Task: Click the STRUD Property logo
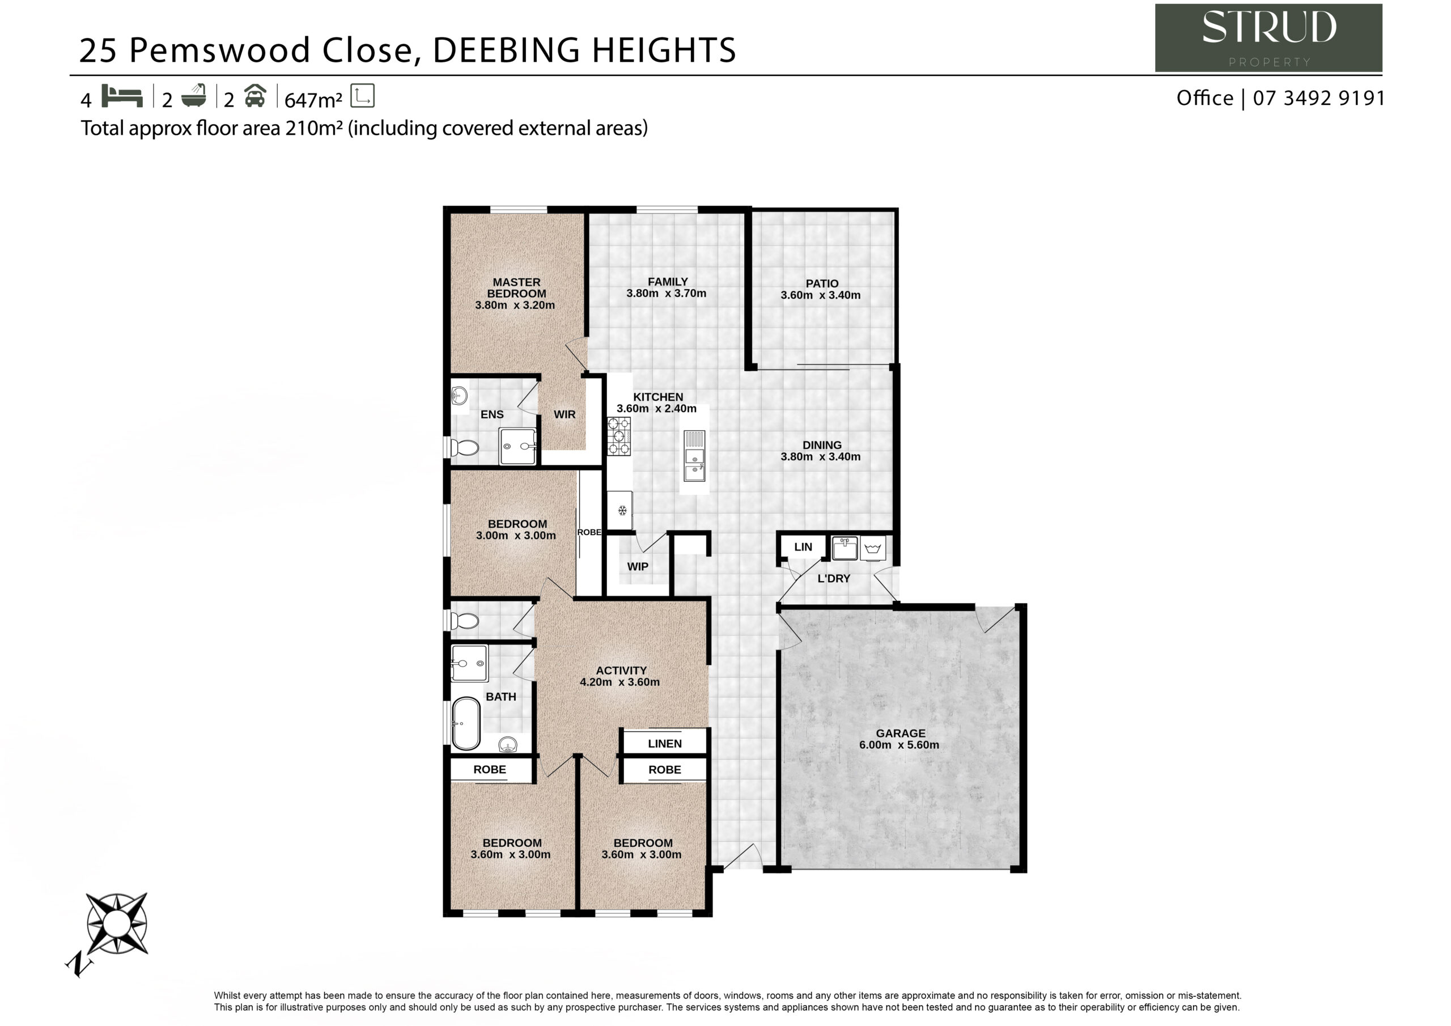pyautogui.click(x=1268, y=38)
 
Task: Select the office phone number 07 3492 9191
pyautogui.click(x=1319, y=98)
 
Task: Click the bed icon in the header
pyautogui.click(x=122, y=96)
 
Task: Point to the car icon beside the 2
pyautogui.click(x=254, y=96)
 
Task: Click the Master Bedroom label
pyautogui.click(x=516, y=287)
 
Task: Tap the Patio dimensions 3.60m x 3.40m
pyautogui.click(x=820, y=295)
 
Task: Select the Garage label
pyautogui.click(x=901, y=734)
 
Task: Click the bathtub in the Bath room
pyautogui.click(x=466, y=723)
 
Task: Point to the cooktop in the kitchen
pyautogui.click(x=619, y=436)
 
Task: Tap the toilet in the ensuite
pyautogui.click(x=465, y=448)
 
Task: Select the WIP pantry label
pyautogui.click(x=638, y=566)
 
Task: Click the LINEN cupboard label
pyautogui.click(x=665, y=743)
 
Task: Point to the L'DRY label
pyautogui.click(x=834, y=578)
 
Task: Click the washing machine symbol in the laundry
pyautogui.click(x=873, y=549)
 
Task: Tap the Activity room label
pyautogui.click(x=621, y=671)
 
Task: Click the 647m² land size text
pyautogui.click(x=313, y=100)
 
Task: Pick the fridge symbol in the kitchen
pyautogui.click(x=620, y=510)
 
